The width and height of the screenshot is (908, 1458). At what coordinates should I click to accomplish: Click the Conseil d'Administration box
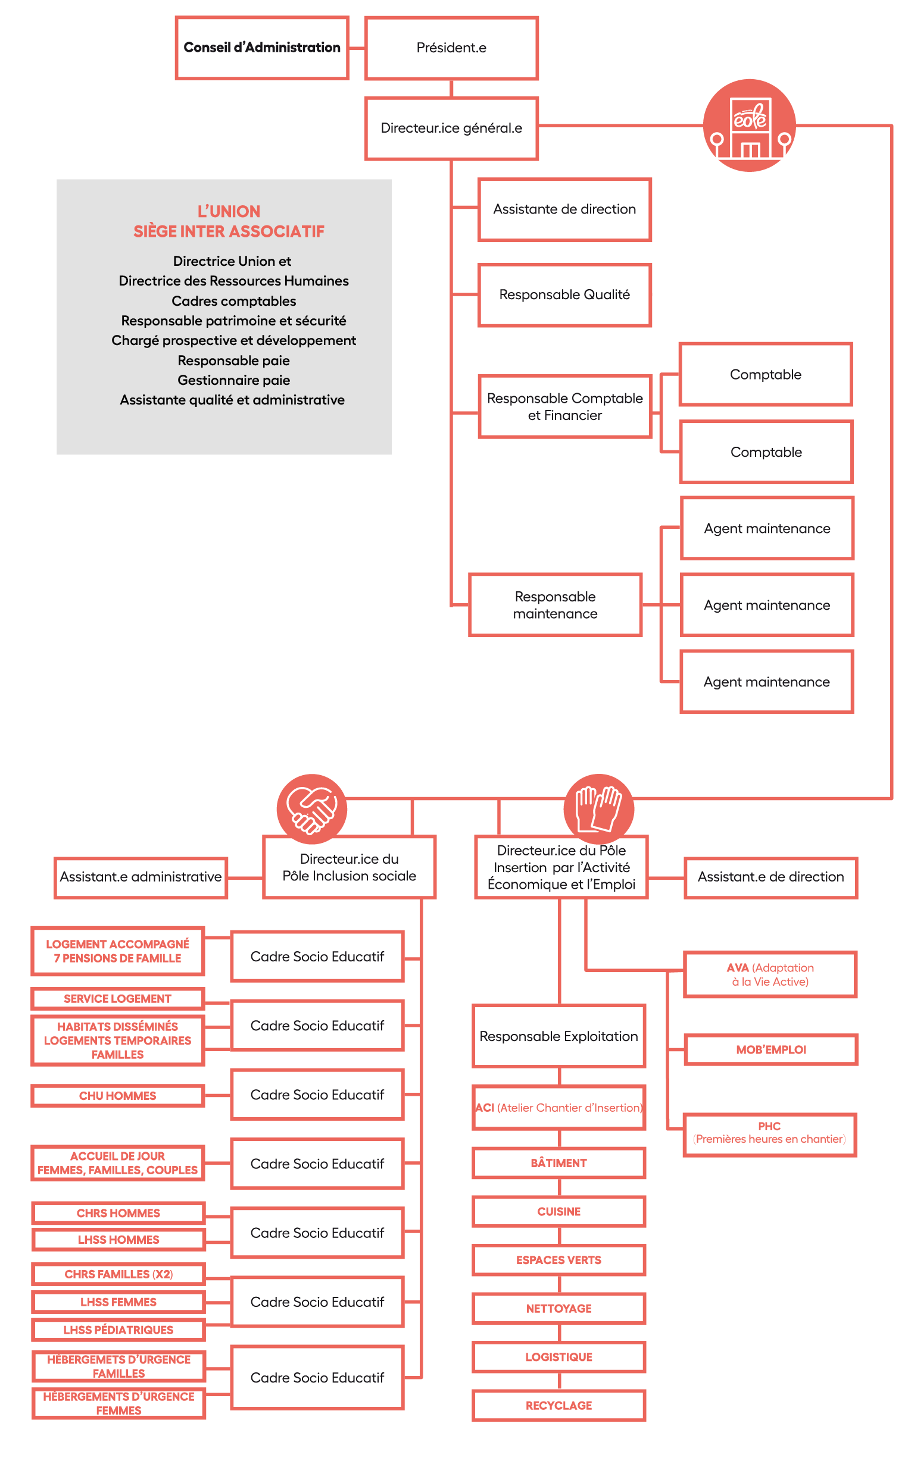[x=262, y=48]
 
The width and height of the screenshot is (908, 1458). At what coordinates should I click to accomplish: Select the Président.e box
[x=451, y=48]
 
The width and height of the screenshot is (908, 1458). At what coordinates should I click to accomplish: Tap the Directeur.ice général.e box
[x=451, y=128]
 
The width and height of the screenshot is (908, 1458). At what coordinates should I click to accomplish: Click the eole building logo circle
[x=749, y=126]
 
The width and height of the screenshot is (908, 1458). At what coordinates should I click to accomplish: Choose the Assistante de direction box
[x=564, y=209]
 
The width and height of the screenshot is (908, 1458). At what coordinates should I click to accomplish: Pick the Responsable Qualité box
[x=564, y=294]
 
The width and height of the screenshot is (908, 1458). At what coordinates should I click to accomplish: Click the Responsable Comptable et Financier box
[x=564, y=407]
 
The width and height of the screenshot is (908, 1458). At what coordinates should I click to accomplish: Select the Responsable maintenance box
[x=555, y=605]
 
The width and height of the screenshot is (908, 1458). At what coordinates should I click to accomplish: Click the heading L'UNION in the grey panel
[x=229, y=211]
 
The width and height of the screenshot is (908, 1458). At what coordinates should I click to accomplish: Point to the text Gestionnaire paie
[x=233, y=380]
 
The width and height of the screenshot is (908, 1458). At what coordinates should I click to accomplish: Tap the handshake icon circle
[x=311, y=809]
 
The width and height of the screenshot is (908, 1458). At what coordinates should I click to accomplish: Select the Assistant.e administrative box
[x=141, y=877]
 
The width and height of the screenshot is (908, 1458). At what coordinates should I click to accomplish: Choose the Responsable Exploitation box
[x=558, y=1036]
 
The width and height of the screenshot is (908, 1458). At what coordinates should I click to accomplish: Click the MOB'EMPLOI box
[x=770, y=1050]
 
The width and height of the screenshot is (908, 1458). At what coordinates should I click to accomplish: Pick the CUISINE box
[x=558, y=1211]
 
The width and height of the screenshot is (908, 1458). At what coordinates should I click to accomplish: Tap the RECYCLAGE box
[x=558, y=1405]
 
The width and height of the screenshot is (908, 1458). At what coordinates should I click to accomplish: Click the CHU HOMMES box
[x=118, y=1096]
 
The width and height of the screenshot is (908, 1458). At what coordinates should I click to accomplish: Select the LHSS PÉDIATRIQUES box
[x=118, y=1330]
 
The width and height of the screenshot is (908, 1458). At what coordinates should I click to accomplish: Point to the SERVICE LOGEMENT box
[x=118, y=998]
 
